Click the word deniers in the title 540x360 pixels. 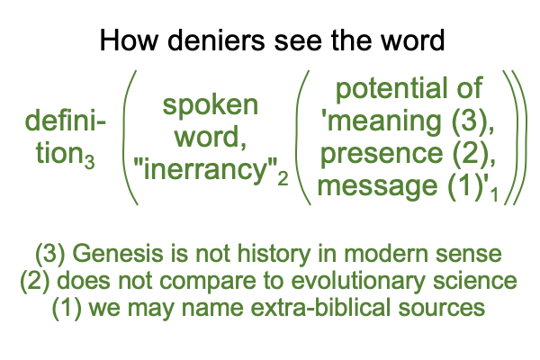tap(216, 40)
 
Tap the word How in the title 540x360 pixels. tap(128, 40)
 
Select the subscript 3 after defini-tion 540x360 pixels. tap(89, 162)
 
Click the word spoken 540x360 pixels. tap(210, 106)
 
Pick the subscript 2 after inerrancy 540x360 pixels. tap(283, 179)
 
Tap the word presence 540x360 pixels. tap(382, 154)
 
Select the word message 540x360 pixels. tap(377, 186)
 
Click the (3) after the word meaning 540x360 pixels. tap(468, 121)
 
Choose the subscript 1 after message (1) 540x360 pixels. tap(494, 194)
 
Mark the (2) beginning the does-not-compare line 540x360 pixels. tap(34, 282)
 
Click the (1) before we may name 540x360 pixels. tap(67, 309)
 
